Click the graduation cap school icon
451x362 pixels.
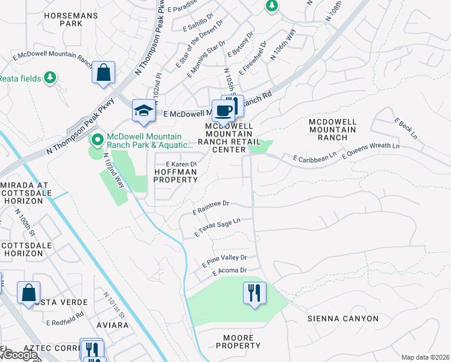point(144,110)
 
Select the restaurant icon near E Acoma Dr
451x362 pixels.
point(254,294)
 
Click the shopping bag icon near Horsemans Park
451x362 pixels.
point(103,73)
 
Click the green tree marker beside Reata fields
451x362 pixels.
point(49,77)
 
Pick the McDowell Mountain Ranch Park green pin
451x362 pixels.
point(96,140)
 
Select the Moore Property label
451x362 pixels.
point(238,341)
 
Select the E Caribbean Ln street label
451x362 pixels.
point(314,157)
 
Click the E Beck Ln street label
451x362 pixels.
point(406,129)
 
